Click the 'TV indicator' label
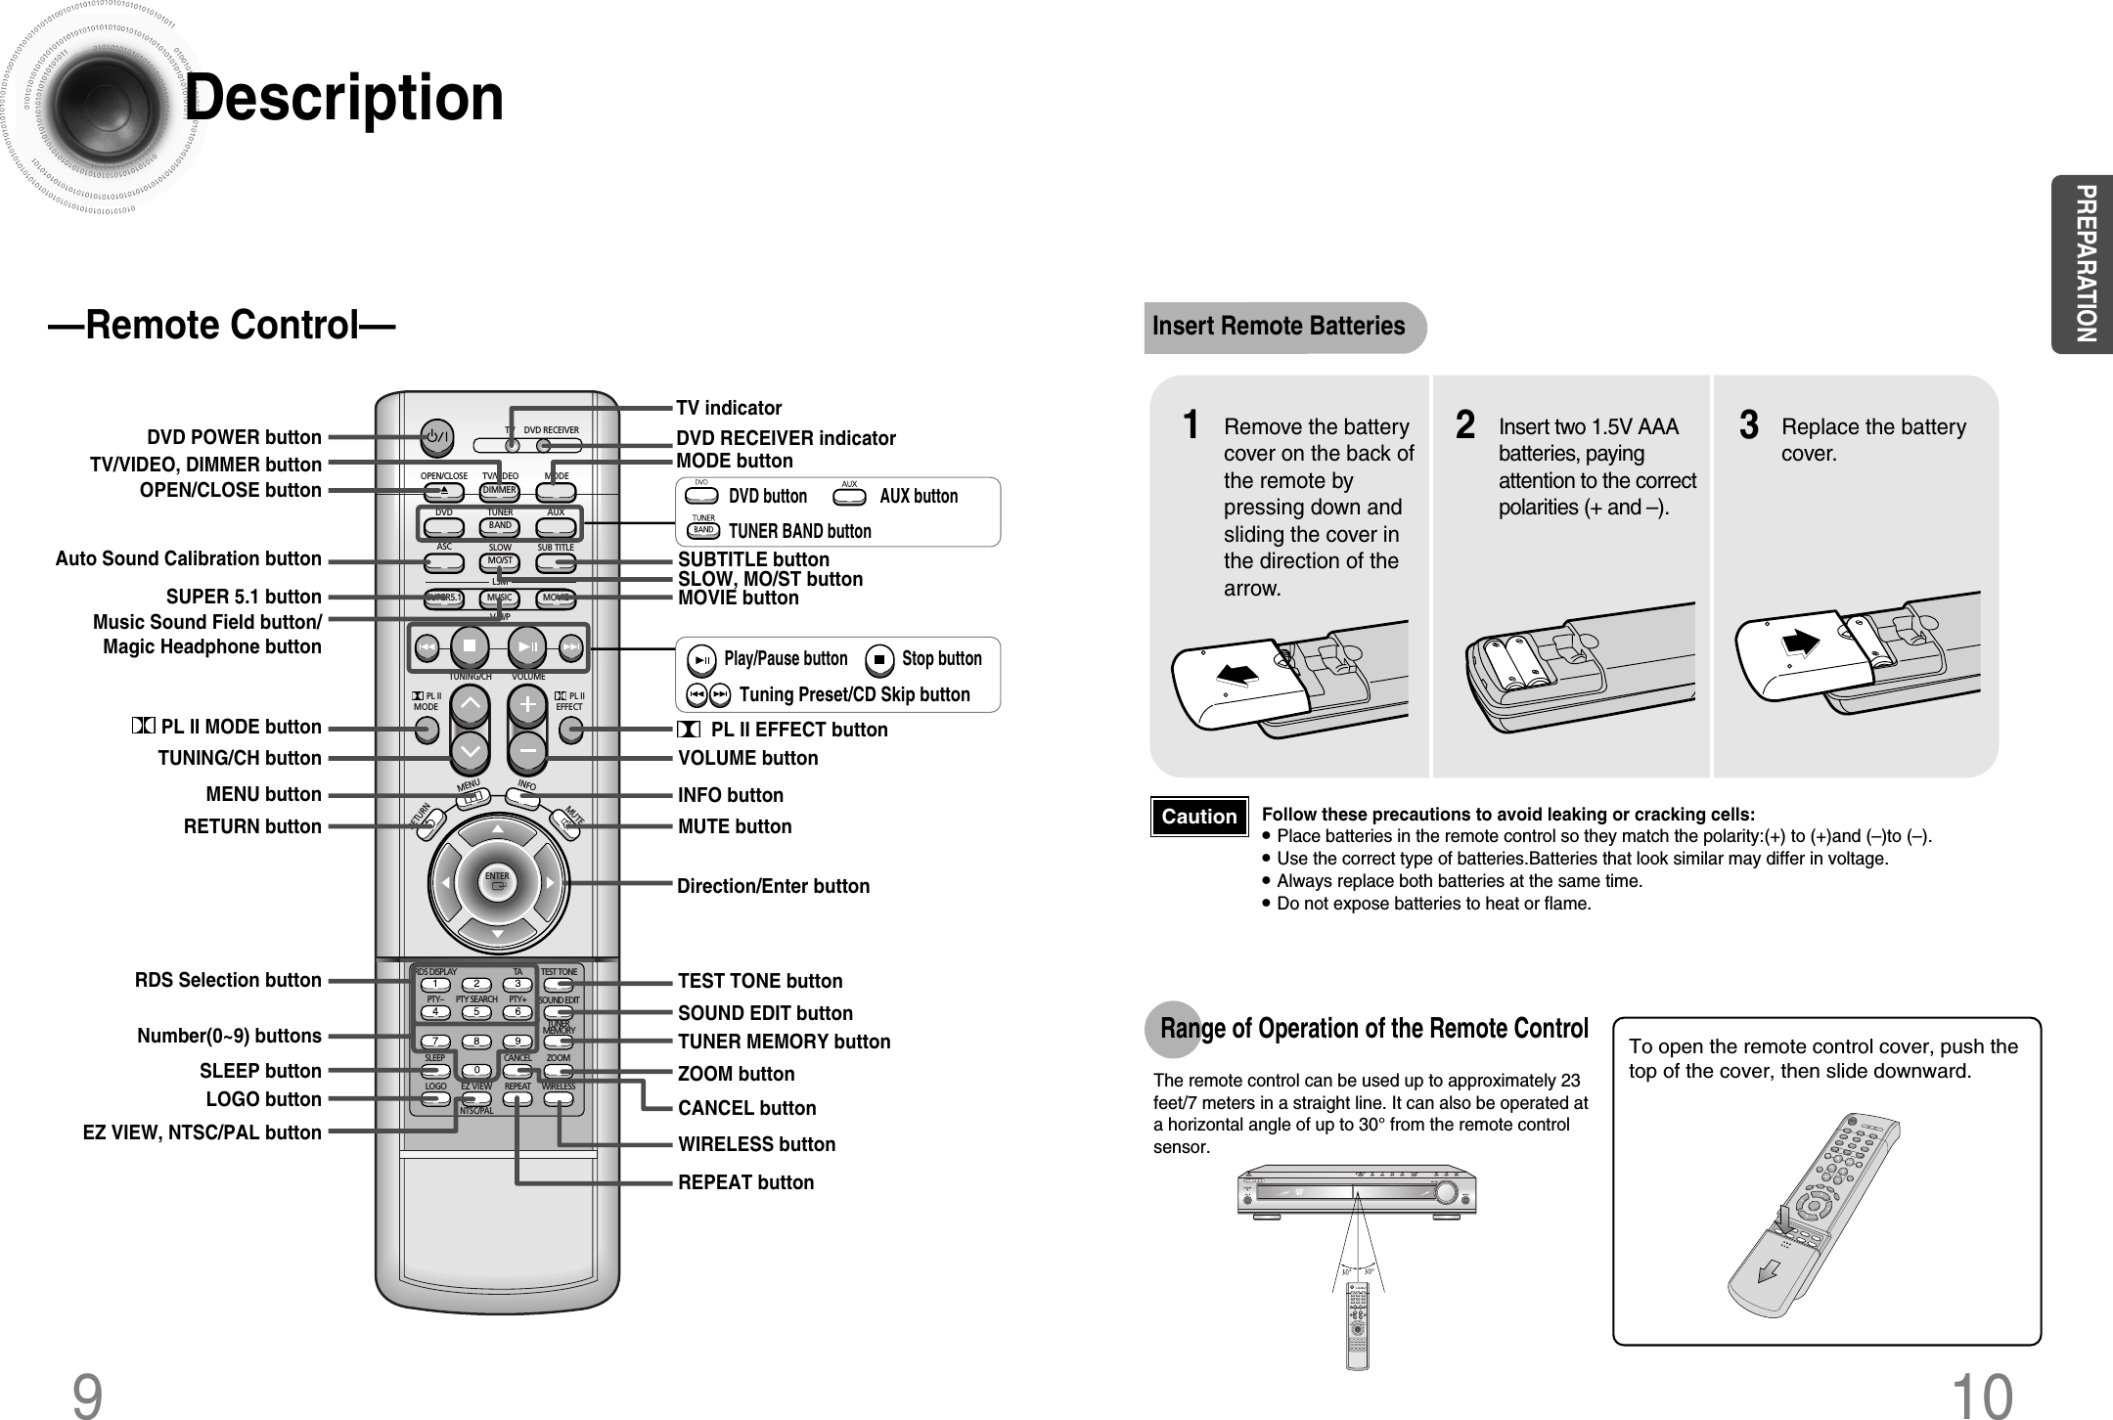729,408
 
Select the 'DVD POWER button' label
234,437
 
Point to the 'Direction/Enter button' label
773,886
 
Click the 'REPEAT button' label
745,1182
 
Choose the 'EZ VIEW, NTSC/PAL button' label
202,1132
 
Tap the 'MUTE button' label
735,826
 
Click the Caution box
1199,817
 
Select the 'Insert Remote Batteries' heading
1279,327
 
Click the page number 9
87,1394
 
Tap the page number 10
1982,1394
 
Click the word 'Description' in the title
344,99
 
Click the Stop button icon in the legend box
879,660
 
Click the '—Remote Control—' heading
222,326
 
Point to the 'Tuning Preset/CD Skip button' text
854,695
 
